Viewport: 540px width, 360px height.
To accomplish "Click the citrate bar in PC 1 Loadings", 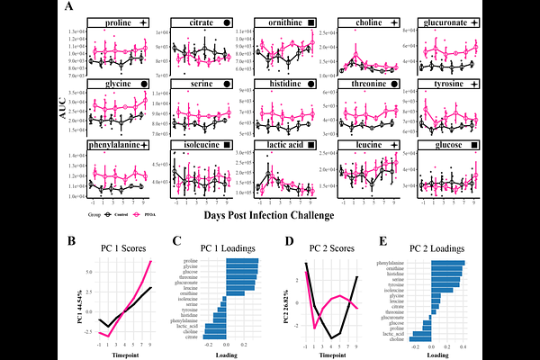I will (211, 335).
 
